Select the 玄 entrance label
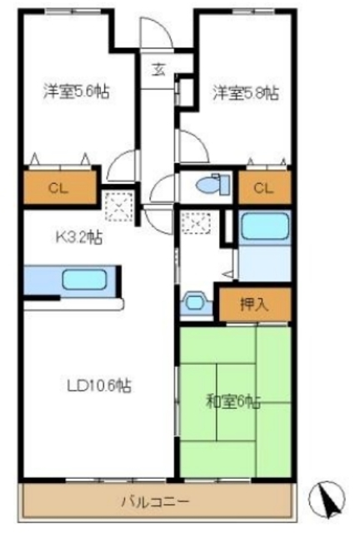(157, 69)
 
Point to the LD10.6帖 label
(98, 386)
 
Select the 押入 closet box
(254, 304)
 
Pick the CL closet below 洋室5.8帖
(263, 188)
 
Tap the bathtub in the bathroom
(263, 226)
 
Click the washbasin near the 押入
(197, 301)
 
